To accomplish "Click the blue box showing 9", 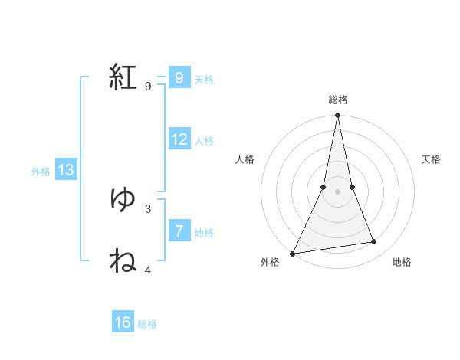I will pyautogui.click(x=179, y=77).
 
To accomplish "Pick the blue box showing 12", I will pyautogui.click(x=179, y=139).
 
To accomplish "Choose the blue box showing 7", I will pyautogui.click(x=179, y=231).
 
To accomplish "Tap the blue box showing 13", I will pyautogui.click(x=66, y=170).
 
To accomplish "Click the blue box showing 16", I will pyautogui.click(x=123, y=322).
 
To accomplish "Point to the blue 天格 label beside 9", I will pyautogui.click(x=204, y=80).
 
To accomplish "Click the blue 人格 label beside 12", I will pyautogui.click(x=204, y=141).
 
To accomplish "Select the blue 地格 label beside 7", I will pyautogui.click(x=204, y=233).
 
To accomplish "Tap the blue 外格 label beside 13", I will pyautogui.click(x=41, y=172).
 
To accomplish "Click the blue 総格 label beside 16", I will pyautogui.click(x=147, y=325).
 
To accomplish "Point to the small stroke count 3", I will pyautogui.click(x=148, y=208).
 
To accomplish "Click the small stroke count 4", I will pyautogui.click(x=148, y=270).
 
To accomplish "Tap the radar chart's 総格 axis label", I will pyautogui.click(x=337, y=100).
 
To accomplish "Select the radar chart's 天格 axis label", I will pyautogui.click(x=431, y=159).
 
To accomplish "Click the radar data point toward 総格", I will pyautogui.click(x=337, y=116).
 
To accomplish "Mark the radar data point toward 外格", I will pyautogui.click(x=293, y=253).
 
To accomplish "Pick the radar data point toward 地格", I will pyautogui.click(x=373, y=242).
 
